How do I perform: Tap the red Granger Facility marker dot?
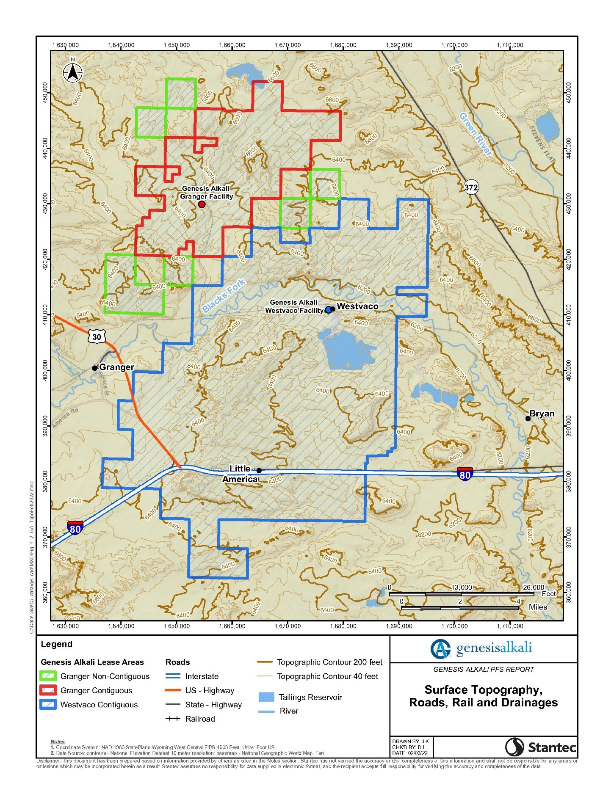[202, 204]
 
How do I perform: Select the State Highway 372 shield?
[471, 187]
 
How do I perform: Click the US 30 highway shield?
[97, 337]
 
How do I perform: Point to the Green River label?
[476, 134]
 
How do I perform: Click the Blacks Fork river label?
[223, 295]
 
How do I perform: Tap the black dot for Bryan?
[528, 419]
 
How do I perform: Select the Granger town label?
[116, 367]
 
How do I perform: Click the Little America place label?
[240, 474]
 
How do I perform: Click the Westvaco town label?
[357, 306]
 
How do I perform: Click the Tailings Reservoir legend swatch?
[266, 697]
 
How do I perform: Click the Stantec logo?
[540, 747]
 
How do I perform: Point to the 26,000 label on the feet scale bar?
[533, 587]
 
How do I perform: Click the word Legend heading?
[57, 644]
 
